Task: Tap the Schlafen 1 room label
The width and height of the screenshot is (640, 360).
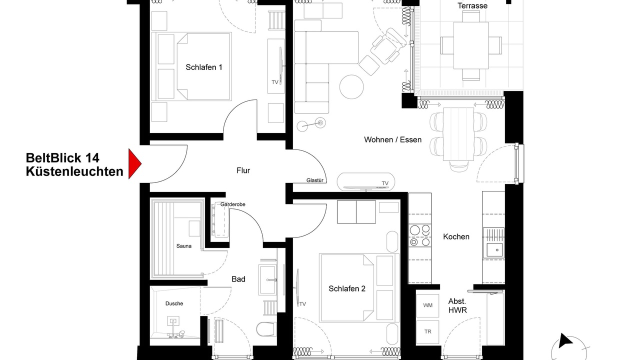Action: coord(203,67)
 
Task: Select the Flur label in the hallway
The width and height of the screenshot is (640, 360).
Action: coord(243,170)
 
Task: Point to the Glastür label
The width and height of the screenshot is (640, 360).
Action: coord(315,180)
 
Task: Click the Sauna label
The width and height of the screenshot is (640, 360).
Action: coord(183,246)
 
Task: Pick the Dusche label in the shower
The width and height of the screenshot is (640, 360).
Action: coord(174,303)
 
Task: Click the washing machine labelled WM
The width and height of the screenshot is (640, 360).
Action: coord(427,305)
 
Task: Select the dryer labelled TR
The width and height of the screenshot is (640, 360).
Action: coord(427,332)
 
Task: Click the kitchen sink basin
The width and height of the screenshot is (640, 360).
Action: coord(495,250)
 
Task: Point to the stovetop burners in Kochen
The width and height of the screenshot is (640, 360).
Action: coord(419,235)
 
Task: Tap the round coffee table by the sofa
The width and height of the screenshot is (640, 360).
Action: coord(351,87)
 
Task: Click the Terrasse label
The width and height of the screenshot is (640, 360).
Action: coord(472,5)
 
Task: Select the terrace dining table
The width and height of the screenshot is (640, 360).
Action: coord(471,45)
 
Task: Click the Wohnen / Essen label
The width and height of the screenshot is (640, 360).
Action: coord(392,139)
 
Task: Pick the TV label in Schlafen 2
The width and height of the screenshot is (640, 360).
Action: coord(302,304)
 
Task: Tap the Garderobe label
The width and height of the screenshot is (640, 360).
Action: coord(232,204)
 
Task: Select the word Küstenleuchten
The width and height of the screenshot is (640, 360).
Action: coord(74,171)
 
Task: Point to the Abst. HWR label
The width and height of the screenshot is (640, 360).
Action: coord(457,305)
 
